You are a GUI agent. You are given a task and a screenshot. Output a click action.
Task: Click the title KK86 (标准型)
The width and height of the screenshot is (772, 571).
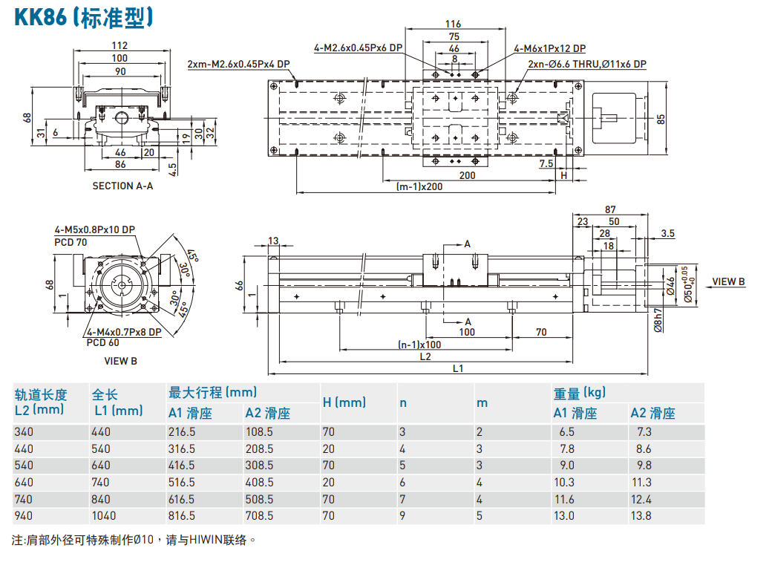pos(84,16)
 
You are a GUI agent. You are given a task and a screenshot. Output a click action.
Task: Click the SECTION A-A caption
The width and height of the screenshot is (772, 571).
pos(122,186)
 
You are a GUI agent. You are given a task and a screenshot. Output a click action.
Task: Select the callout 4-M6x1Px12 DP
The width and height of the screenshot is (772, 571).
pos(549,49)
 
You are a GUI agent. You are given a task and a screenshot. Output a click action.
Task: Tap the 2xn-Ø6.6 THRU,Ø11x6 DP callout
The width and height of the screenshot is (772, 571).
pos(586,65)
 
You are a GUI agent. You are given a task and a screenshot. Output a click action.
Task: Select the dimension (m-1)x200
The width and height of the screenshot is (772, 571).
pos(419,186)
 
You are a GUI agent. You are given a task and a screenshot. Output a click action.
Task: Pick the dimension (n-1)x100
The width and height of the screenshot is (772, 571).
pos(420,344)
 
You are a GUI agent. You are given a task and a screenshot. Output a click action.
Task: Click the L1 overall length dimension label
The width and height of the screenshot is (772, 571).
pos(458,368)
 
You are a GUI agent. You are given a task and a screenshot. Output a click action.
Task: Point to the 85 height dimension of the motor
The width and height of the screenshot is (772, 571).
pos(661,118)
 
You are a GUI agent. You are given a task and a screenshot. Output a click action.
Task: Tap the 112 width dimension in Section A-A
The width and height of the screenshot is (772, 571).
pos(120,46)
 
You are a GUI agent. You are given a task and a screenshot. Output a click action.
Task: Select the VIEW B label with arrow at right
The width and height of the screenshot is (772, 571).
pos(728,281)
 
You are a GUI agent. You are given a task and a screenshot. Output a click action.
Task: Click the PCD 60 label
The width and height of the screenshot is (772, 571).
pos(102,342)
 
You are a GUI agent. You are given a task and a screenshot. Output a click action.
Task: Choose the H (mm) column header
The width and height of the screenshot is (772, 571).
pos(344,402)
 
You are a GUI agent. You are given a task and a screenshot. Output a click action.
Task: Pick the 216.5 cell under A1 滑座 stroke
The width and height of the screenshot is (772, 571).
pos(182,431)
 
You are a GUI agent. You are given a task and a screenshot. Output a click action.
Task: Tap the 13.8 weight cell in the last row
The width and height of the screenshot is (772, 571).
pos(641,515)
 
